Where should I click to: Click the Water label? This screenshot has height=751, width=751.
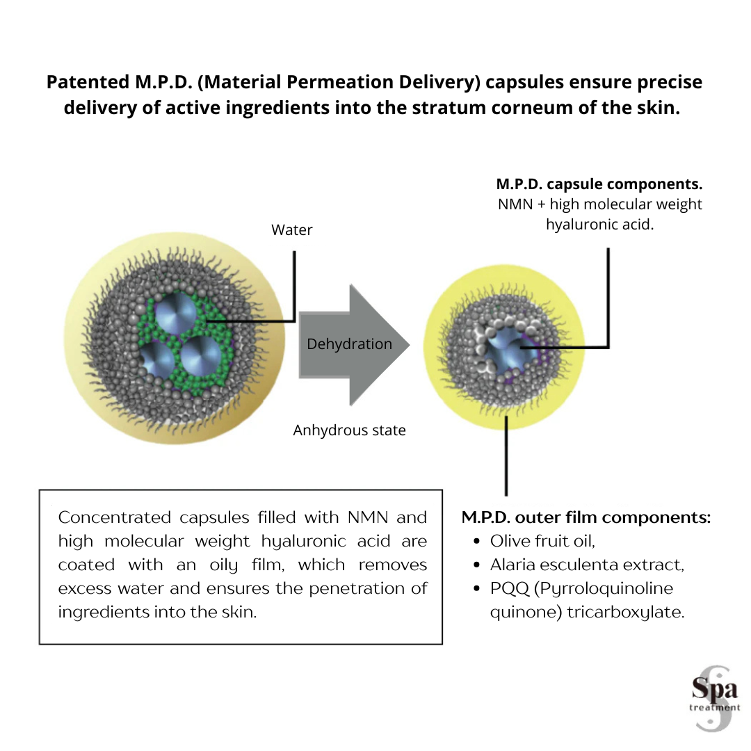(292, 229)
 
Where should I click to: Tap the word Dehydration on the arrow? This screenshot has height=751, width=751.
(349, 344)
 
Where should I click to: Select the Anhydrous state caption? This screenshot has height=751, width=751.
(349, 430)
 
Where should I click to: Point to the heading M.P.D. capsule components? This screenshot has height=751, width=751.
(599, 185)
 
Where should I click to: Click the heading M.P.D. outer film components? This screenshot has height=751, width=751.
(586, 518)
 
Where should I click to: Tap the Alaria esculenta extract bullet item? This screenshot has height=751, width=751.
(587, 565)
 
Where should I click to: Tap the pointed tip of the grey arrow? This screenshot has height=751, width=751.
(409, 346)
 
